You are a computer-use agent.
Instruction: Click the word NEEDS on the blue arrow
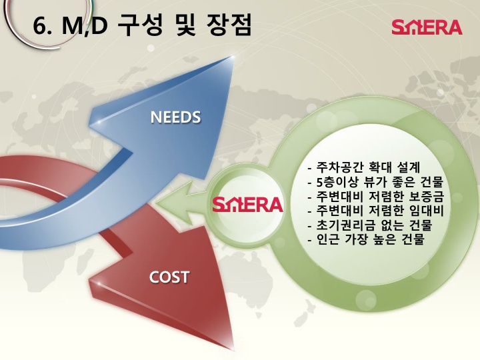pos(175,117)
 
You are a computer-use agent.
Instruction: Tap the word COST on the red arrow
pos(169,277)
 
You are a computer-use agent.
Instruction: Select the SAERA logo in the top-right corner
pos(427,27)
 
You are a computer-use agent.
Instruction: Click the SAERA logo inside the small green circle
pos(247,205)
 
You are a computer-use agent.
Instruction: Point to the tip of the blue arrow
pos(233,56)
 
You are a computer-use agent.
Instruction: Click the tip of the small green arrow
pos(156,203)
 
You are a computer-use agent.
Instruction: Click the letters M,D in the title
pos(85,25)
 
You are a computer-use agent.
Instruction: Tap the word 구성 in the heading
pos(139,25)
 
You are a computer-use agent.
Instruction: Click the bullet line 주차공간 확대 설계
pos(364,167)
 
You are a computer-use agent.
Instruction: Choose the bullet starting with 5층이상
pos(375,181)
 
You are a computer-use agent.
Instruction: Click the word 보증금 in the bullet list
pos(427,196)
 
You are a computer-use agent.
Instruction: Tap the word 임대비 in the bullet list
pos(427,210)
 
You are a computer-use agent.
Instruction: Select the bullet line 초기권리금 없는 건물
pos(370,225)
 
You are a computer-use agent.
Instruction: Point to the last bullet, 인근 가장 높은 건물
pos(366,239)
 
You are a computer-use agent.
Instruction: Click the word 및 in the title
pos(184,25)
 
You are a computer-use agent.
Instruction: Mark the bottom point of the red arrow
pos(233,350)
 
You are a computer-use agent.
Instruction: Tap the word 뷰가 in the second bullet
pos(377,181)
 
